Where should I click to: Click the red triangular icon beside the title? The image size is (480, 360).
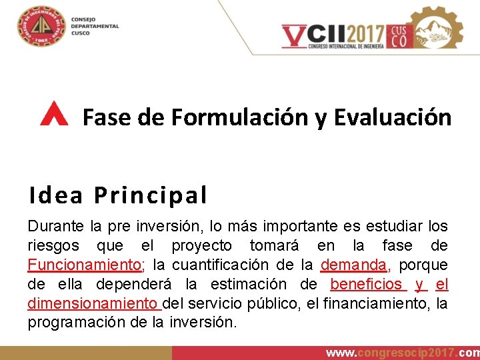pyautogui.click(x=54, y=115)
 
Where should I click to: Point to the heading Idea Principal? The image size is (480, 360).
pyautogui.click(x=118, y=195)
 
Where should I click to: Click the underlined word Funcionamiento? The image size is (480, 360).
pyautogui.click(x=85, y=265)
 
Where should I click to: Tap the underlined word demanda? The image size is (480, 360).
pyautogui.click(x=353, y=265)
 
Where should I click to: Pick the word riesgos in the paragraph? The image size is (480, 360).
pyautogui.click(x=53, y=246)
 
